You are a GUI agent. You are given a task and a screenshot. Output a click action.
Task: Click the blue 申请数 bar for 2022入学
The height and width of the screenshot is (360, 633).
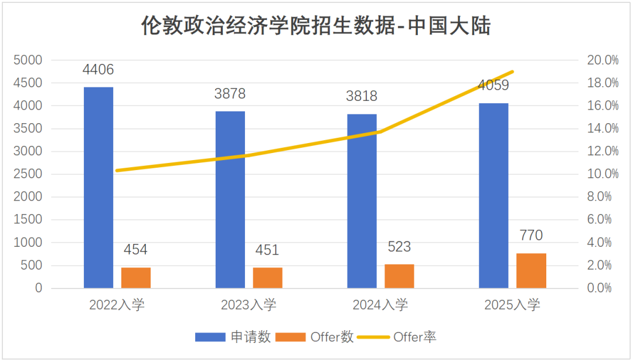(x=98, y=188)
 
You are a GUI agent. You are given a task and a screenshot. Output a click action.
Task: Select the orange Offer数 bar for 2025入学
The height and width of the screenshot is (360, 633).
(x=531, y=271)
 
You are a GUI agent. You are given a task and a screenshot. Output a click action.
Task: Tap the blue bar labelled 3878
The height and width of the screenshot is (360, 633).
(x=230, y=199)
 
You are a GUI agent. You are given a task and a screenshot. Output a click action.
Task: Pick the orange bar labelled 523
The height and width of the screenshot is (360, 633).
(x=399, y=276)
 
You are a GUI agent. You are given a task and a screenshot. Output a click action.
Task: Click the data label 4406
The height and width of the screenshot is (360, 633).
(x=98, y=70)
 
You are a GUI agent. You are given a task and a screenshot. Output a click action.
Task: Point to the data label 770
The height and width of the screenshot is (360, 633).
(x=531, y=236)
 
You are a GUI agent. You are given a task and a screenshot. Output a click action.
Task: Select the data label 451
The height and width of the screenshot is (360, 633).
(x=267, y=250)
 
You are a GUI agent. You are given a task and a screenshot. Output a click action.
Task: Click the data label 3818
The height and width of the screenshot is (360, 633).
(x=362, y=96)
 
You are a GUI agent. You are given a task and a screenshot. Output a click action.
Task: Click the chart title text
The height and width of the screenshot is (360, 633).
(x=316, y=26)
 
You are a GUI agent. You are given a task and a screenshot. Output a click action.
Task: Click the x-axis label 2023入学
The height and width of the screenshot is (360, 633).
(x=249, y=305)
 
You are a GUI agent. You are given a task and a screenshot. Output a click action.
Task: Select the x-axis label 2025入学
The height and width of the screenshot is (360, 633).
(x=512, y=305)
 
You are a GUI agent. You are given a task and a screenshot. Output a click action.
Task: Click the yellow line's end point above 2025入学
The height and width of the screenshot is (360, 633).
(x=513, y=72)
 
